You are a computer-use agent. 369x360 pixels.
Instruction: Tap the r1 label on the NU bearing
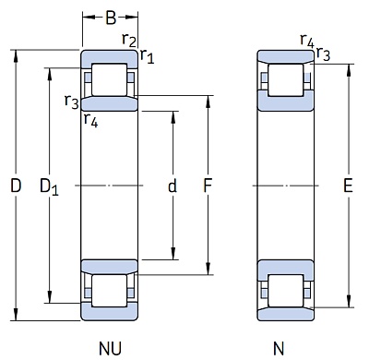(x=147, y=57)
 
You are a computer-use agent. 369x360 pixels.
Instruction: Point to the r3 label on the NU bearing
(x=71, y=102)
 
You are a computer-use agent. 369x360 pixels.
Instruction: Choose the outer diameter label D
(x=16, y=186)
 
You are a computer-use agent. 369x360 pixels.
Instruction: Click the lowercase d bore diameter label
(x=173, y=186)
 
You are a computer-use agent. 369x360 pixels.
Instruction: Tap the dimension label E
(x=348, y=186)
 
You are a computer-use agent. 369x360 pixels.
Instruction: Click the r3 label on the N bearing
(x=323, y=54)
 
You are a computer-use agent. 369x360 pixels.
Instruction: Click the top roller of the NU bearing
(x=110, y=80)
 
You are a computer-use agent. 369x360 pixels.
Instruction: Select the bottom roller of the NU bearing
(x=110, y=291)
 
